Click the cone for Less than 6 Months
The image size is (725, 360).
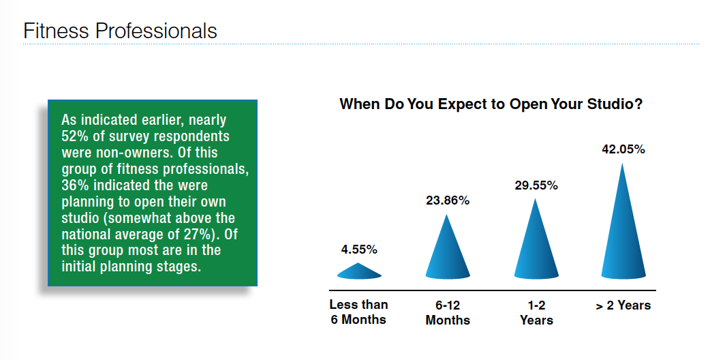(359, 271)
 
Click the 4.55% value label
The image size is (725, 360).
(359, 250)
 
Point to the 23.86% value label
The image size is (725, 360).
(448, 201)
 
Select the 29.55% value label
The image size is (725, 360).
(536, 185)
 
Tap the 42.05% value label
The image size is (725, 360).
(623, 149)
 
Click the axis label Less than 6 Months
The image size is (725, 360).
(359, 312)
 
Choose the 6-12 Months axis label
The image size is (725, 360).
(448, 312)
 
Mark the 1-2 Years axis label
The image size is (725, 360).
(536, 312)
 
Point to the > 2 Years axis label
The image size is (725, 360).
(623, 305)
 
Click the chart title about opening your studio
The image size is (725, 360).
(491, 104)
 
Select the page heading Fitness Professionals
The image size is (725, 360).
(120, 31)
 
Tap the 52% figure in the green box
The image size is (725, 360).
(72, 136)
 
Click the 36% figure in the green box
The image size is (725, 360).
(72, 185)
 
